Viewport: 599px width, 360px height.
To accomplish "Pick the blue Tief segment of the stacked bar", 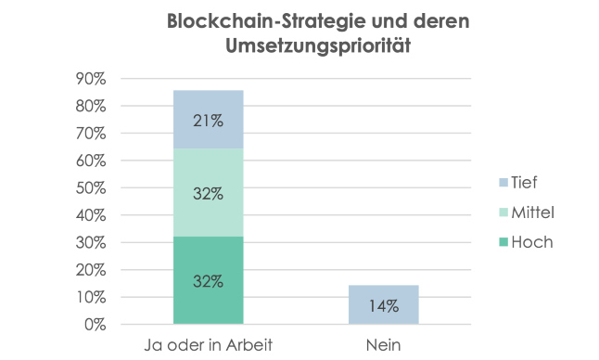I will pos(208,119).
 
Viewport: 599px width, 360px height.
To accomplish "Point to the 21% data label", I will pos(208,120).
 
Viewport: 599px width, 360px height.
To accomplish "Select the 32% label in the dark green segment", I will pos(208,280).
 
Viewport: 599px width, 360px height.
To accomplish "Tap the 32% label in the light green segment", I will pos(208,193).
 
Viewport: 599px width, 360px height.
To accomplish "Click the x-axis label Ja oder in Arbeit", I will pos(208,346).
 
